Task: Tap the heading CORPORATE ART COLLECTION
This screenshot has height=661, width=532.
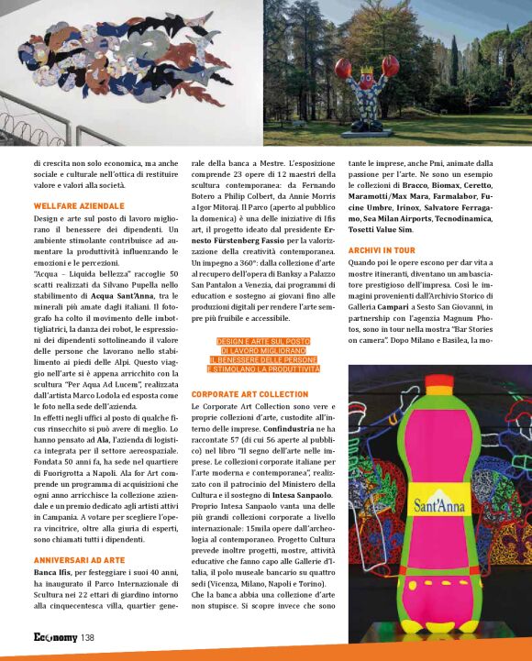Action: [249, 393]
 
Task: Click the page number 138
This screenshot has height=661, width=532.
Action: [88, 638]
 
